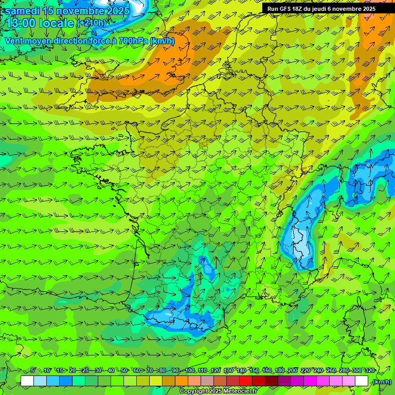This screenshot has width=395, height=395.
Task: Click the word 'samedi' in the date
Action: click(22, 11)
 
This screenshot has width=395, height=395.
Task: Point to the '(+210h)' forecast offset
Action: click(91, 23)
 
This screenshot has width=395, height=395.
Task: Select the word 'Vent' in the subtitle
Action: click(14, 41)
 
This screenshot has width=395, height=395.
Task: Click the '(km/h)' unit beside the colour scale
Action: click(381, 382)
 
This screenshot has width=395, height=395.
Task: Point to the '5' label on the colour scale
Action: click(33, 370)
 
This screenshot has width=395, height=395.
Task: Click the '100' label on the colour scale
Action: click(190, 370)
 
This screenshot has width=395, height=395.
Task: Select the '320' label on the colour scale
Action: click(370, 370)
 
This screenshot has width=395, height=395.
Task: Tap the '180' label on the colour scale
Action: click(280, 370)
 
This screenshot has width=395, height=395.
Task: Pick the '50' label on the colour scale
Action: click(124, 370)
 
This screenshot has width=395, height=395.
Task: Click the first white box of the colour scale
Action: click(27, 381)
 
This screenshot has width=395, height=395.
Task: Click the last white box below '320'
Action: click(362, 381)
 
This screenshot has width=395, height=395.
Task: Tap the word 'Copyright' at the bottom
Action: click(194, 391)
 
